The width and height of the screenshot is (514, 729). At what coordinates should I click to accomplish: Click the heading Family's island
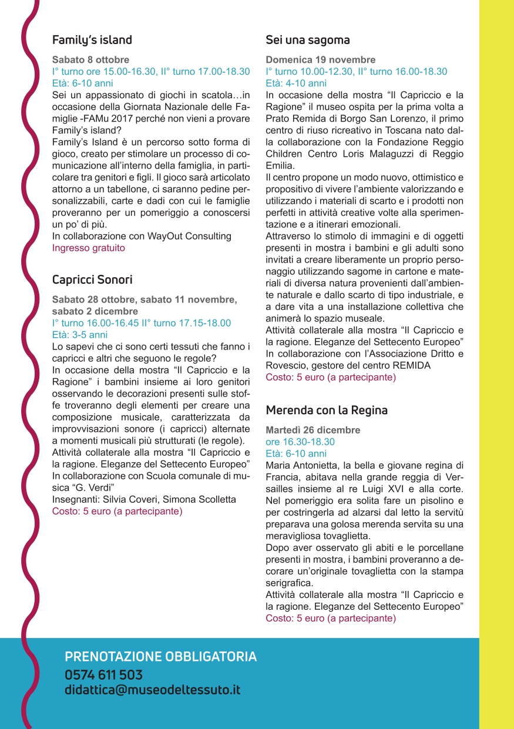tap(92, 40)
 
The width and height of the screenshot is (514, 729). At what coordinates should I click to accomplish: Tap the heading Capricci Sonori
tap(92, 280)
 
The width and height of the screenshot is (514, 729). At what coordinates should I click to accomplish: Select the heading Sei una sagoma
tap(308, 40)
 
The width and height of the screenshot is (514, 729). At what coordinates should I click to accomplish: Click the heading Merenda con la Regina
tap(327, 410)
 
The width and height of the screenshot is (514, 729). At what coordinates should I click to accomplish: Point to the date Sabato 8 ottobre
tap(90, 60)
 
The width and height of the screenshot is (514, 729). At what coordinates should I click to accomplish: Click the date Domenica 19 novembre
tap(321, 60)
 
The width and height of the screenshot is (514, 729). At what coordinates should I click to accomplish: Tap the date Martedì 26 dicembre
tap(313, 430)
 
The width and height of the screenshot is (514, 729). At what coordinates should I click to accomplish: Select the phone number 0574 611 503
tap(103, 675)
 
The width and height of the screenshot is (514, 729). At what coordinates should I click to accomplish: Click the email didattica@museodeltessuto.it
tap(152, 690)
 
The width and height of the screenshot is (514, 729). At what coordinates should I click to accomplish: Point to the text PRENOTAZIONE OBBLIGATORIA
tap(160, 657)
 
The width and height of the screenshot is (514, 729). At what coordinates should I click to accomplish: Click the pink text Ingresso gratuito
tap(89, 248)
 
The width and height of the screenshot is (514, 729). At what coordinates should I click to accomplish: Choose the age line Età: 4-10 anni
tap(296, 83)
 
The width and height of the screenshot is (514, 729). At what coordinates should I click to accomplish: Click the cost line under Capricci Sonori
tap(117, 511)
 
